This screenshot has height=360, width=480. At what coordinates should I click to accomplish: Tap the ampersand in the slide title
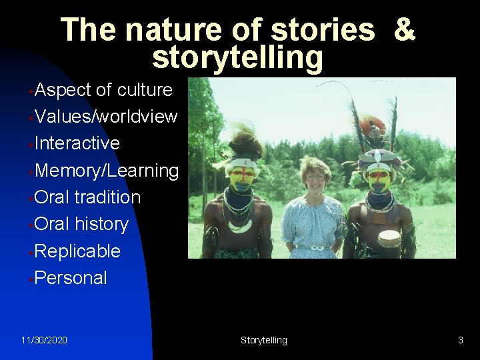pos(404,30)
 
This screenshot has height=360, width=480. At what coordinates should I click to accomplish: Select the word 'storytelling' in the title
pos(237,57)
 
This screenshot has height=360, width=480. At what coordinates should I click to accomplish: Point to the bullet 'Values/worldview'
pos(106,117)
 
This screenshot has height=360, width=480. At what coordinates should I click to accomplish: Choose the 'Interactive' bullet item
pos(77,143)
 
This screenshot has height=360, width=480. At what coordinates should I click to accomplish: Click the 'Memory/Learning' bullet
pos(107,171)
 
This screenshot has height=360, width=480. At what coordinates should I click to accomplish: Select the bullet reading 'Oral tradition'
pos(87,197)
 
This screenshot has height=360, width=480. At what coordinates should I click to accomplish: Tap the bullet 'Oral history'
pos(81,224)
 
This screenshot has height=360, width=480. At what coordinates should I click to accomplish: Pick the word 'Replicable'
pos(77,251)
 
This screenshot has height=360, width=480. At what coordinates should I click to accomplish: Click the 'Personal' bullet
pos(71,278)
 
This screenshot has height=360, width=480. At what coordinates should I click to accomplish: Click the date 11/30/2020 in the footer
pos(44,340)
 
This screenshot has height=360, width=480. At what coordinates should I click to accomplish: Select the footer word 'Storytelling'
pos(264,340)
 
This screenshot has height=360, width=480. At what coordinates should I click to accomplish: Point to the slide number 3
pos(460,340)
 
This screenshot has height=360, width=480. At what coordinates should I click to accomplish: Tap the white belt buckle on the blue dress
pos(317,248)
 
